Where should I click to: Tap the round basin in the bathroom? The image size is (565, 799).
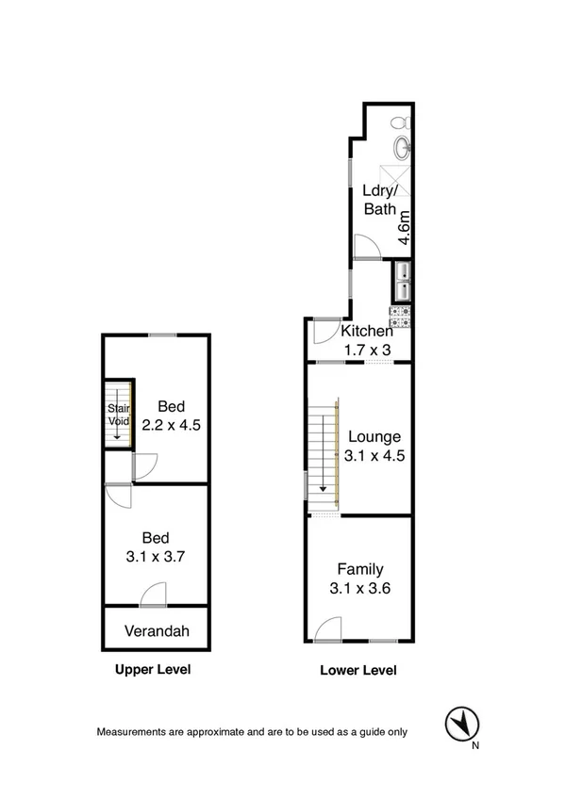click(403, 147)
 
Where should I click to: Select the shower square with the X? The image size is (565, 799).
click(396, 179)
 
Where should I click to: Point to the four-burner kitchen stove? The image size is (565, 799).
click(402, 314)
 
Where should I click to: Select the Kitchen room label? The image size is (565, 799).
click(366, 332)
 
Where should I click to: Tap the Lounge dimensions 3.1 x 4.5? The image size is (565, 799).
click(374, 456)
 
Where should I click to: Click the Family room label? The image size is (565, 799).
click(360, 569)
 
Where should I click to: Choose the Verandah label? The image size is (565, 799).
click(157, 631)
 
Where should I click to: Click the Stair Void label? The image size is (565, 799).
click(118, 415)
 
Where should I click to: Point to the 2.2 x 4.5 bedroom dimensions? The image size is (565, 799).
click(171, 425)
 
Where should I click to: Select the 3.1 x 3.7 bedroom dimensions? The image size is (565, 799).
click(157, 556)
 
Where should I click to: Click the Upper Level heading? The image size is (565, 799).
click(153, 670)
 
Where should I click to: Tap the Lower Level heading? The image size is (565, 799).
click(358, 671)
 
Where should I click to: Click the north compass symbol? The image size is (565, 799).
click(459, 724)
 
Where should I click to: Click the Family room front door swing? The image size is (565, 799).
click(328, 629)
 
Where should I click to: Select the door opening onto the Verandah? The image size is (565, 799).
click(153, 596)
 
